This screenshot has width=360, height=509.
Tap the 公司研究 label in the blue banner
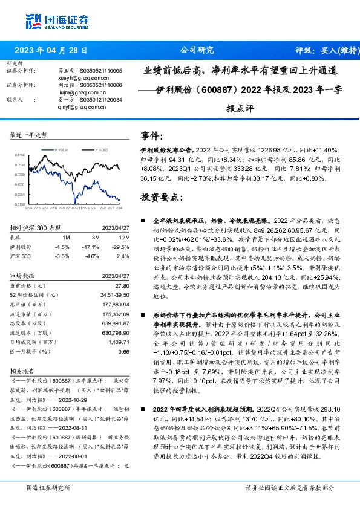point(197,50)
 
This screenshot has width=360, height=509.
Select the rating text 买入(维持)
point(336,50)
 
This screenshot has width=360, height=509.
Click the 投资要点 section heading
point(160,197)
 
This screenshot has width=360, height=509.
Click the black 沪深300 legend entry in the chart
point(99,148)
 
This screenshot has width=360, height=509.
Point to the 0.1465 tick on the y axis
point(19,155)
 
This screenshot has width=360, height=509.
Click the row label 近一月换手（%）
point(30,351)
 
